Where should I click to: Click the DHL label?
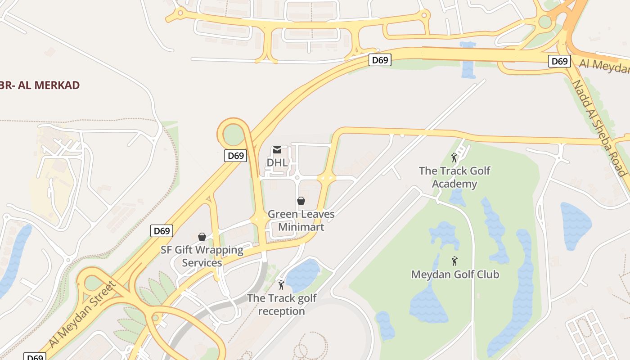277,162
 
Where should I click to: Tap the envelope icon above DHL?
277,150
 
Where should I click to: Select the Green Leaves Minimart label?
301,220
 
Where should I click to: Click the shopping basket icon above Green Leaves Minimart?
301,201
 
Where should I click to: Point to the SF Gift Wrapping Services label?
202,256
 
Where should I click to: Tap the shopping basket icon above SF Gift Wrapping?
202,237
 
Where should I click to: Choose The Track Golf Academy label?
454,177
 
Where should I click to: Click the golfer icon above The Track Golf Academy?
454,158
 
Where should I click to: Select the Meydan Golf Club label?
455,274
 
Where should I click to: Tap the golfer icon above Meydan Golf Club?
454,261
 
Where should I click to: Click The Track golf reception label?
282,305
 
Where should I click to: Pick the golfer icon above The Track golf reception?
282,285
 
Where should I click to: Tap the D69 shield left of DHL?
236,156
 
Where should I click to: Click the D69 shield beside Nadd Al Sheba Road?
559,61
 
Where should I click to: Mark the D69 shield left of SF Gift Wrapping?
162,231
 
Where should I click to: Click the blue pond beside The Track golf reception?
302,275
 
